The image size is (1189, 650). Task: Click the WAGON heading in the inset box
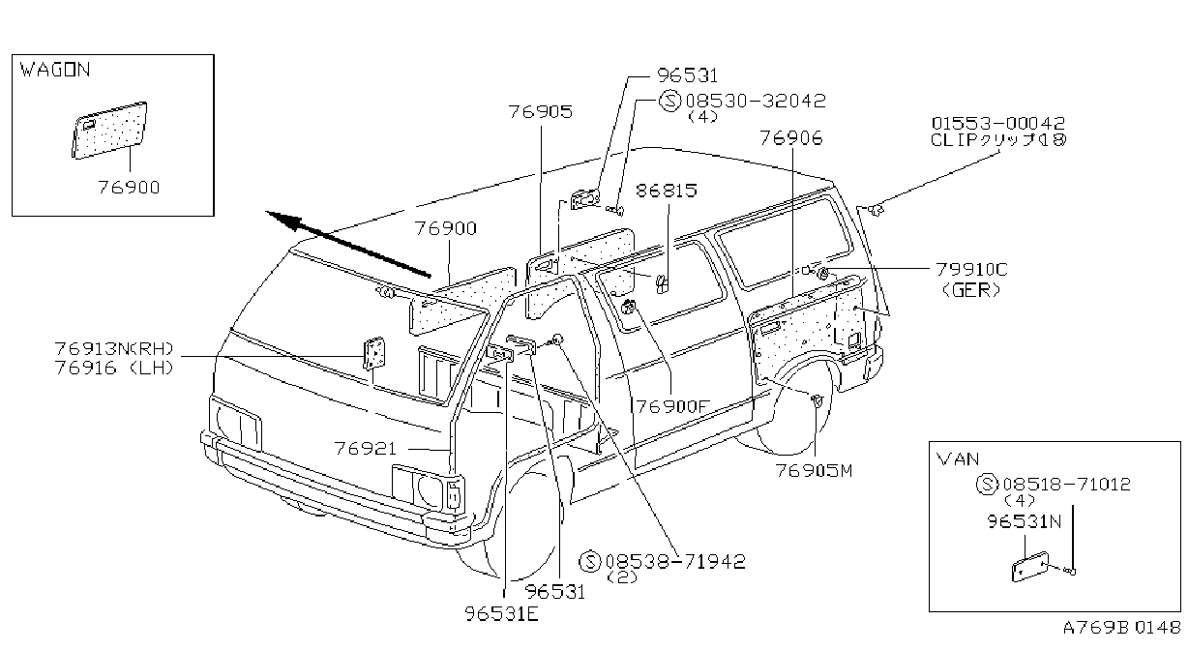click(55, 70)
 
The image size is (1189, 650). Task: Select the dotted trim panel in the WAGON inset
click(109, 130)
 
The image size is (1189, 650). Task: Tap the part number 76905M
click(814, 470)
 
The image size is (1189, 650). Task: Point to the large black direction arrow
click(348, 244)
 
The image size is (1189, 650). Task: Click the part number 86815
click(667, 191)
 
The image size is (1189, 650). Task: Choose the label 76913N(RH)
click(114, 348)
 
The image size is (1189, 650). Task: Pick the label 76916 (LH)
click(114, 368)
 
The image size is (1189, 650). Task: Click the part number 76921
click(365, 449)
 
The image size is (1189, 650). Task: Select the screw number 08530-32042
click(756, 101)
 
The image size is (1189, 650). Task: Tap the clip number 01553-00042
click(997, 123)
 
